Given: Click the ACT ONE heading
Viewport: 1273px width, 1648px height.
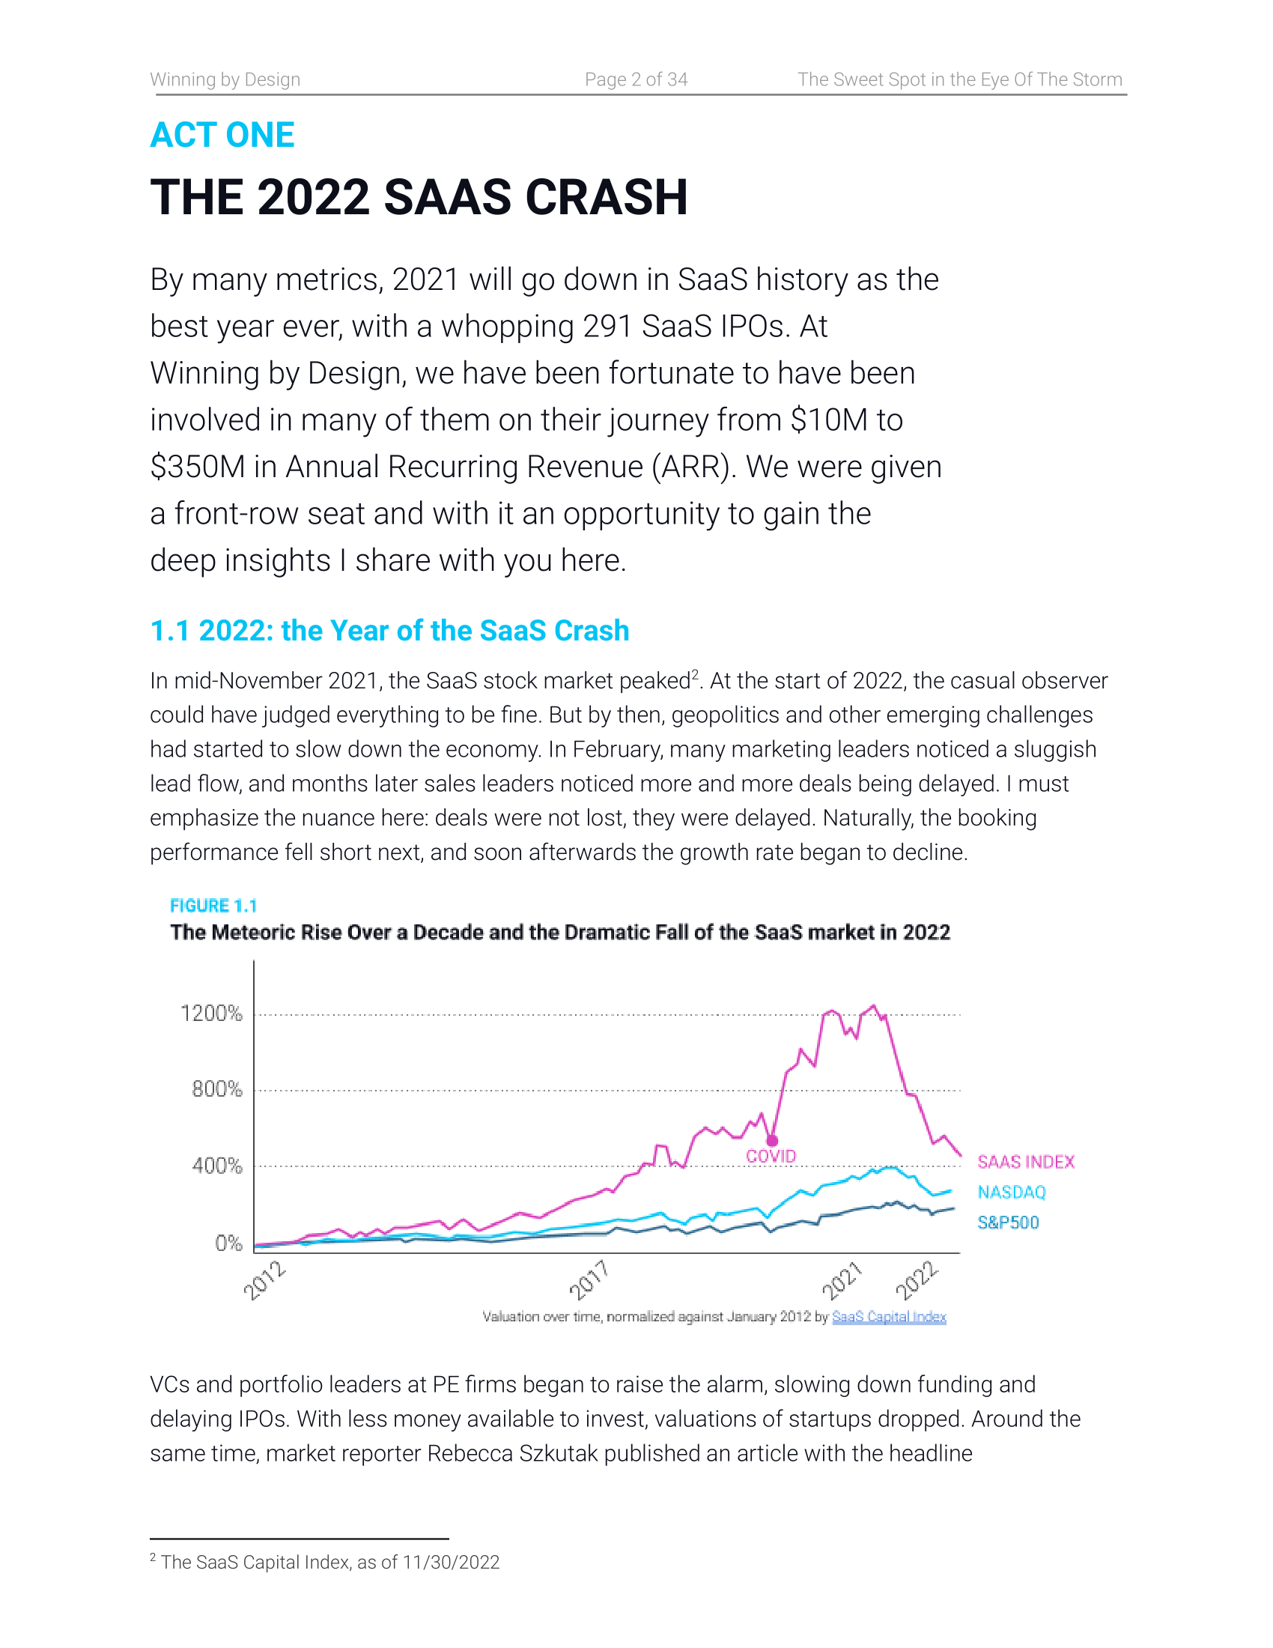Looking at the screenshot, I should point(222,135).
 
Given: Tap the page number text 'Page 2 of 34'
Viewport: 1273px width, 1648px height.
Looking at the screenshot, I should point(636,79).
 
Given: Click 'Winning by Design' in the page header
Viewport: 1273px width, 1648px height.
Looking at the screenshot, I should point(225,79).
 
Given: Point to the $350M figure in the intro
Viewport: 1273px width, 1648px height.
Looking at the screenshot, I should point(198,467).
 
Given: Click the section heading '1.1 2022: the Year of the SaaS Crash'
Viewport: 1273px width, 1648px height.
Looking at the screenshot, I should point(389,631).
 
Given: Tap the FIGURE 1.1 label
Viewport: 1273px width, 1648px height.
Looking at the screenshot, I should point(213,906).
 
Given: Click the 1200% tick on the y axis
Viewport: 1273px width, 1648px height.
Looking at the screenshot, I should point(211,1013).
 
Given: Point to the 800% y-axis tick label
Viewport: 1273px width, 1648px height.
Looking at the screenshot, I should point(216,1089).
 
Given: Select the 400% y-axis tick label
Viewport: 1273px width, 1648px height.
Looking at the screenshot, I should point(216,1166).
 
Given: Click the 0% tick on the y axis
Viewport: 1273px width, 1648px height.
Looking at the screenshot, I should point(228,1243).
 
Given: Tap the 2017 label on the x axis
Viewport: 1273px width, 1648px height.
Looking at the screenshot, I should point(589,1279).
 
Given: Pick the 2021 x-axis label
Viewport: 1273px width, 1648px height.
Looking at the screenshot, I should point(842,1279).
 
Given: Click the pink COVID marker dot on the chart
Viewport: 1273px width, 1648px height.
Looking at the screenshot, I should point(772,1141).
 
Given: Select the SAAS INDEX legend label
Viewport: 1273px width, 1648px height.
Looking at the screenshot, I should point(1026,1162).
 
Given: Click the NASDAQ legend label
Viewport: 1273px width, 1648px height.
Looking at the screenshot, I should point(1012,1193).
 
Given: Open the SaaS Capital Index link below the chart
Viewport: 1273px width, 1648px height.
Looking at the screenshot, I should point(888,1317).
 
